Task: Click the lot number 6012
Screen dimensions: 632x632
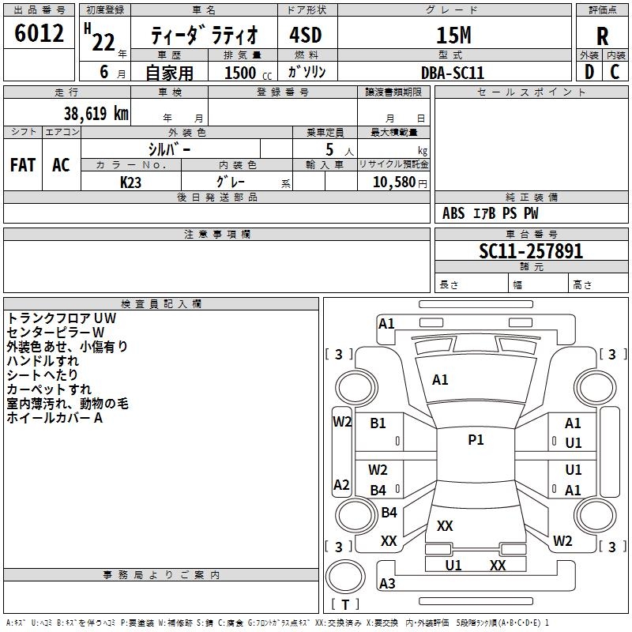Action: click(x=39, y=33)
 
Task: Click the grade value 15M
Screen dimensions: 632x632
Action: click(x=453, y=36)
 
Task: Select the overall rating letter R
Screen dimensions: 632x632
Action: click(x=602, y=36)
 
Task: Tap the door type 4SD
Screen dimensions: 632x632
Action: click(x=306, y=35)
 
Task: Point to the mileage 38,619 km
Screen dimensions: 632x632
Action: click(x=96, y=114)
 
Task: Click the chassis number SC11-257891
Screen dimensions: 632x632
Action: click(x=531, y=251)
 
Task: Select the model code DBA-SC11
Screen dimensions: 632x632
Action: click(x=452, y=73)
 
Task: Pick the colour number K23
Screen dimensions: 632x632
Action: click(x=130, y=182)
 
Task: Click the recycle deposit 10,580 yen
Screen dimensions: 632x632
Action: click(x=400, y=182)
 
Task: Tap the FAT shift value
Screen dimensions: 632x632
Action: click(x=23, y=165)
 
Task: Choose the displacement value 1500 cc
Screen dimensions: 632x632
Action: click(x=248, y=73)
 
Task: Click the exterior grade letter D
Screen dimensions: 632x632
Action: click(x=589, y=72)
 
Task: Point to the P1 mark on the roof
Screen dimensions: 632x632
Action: click(x=476, y=439)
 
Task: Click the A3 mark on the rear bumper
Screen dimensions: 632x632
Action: click(x=387, y=583)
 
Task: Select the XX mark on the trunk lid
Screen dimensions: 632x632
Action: click(x=445, y=525)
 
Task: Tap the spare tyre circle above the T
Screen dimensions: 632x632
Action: click(x=345, y=577)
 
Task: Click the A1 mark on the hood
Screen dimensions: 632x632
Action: click(x=440, y=380)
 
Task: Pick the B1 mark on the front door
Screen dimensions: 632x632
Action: click(x=378, y=423)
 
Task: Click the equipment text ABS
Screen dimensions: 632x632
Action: click(x=453, y=213)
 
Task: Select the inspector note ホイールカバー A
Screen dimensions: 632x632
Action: click(x=55, y=418)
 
